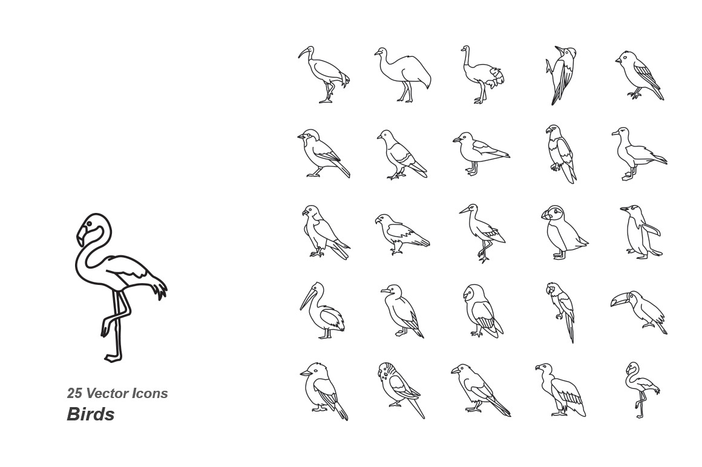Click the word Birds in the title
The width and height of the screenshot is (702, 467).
(90, 414)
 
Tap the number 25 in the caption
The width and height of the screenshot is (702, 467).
(74, 393)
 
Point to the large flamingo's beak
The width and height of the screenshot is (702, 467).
(82, 236)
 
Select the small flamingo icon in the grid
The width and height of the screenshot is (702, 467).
(642, 390)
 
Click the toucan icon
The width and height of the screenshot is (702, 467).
(639, 312)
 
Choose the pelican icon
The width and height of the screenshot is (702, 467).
(322, 310)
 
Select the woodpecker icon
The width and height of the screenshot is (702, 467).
(560, 74)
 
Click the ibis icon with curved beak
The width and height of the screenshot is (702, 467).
(324, 74)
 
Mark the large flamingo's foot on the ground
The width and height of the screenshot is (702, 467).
(113, 358)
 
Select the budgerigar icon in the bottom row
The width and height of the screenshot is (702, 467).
(401, 390)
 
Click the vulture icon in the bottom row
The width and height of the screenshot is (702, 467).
(560, 390)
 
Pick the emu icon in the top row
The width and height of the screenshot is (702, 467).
(402, 74)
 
